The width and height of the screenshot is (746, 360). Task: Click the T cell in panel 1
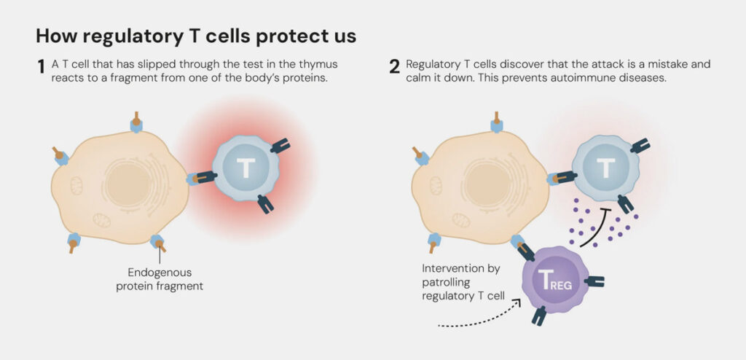point(246,168)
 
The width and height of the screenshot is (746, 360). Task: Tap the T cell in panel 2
point(605,168)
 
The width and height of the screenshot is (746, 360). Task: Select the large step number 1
point(42,67)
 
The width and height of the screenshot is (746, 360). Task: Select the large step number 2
point(394,67)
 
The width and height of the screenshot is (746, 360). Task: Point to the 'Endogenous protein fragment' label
point(160,279)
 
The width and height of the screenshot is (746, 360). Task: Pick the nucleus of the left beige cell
point(128,184)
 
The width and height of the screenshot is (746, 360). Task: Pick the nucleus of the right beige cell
point(488,184)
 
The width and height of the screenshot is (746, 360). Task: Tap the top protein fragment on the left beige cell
point(136,122)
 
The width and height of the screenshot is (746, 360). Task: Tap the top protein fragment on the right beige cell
point(497,122)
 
